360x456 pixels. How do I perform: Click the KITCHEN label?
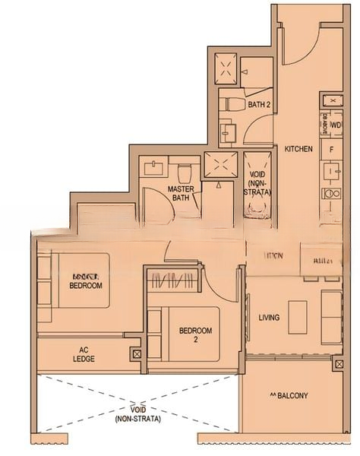pyautogui.click(x=298, y=150)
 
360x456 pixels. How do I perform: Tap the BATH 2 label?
pyautogui.click(x=260, y=104)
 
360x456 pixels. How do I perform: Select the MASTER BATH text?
pyautogui.click(x=180, y=193)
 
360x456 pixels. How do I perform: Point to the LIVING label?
pyautogui.click(x=269, y=318)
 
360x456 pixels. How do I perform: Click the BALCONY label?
pyautogui.click(x=288, y=395)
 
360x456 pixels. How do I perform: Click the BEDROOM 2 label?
pyautogui.click(x=194, y=335)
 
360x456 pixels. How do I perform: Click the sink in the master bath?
pyautogui.click(x=156, y=166)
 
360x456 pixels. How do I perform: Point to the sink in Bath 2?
pyautogui.click(x=228, y=133)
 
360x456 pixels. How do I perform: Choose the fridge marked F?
pyautogui.click(x=332, y=150)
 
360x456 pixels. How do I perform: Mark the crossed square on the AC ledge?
pyautogui.click(x=135, y=353)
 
